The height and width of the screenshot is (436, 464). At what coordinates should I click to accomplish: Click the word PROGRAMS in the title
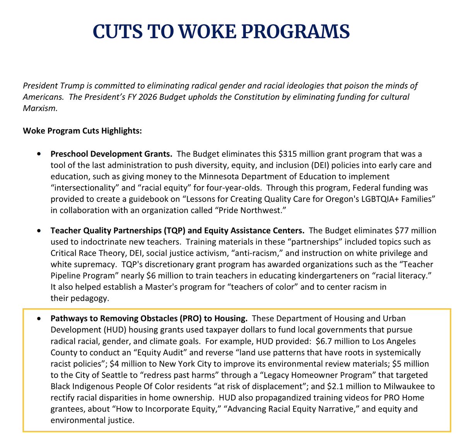pyautogui.click(x=296, y=31)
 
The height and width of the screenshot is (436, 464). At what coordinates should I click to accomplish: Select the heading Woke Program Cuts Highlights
pyautogui.click(x=82, y=131)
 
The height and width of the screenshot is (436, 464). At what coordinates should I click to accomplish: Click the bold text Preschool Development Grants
pyautogui.click(x=111, y=154)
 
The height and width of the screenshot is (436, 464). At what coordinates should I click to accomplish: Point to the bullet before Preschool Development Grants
pyautogui.click(x=39, y=154)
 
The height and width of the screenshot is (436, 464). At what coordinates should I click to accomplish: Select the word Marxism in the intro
pyautogui.click(x=40, y=108)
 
